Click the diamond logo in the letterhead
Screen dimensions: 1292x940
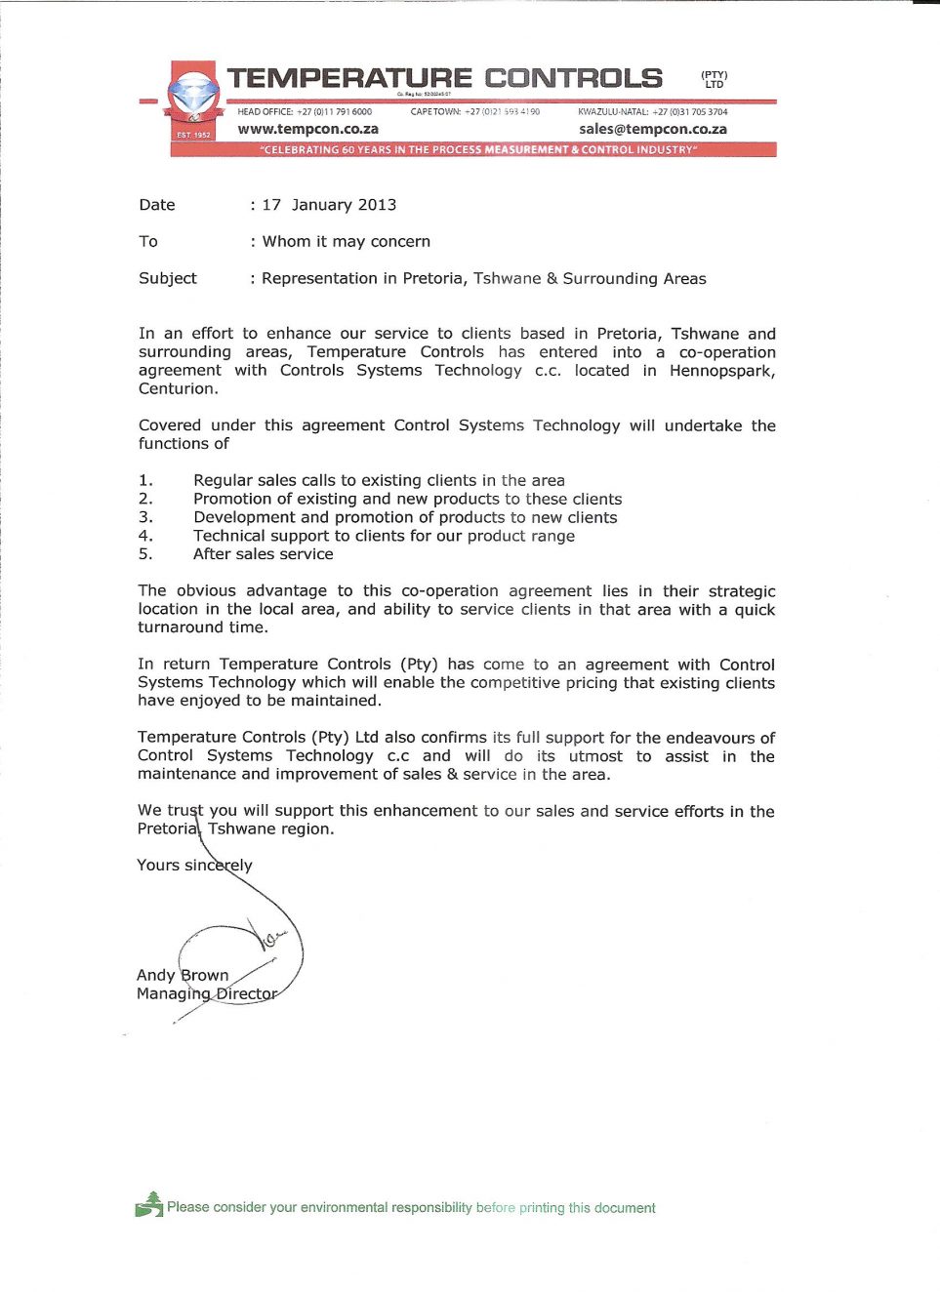[x=193, y=97]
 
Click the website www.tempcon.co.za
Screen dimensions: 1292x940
[x=307, y=129]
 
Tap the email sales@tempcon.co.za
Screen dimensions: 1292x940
[x=652, y=129]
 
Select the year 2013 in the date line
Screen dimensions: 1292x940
[x=377, y=205]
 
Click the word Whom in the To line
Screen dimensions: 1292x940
[x=286, y=241]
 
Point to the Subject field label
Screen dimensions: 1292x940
[x=167, y=278]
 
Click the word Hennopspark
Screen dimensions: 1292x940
[x=721, y=371]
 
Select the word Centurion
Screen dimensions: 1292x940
[x=178, y=388]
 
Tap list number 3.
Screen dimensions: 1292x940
[x=145, y=517]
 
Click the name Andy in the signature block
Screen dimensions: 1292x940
[x=155, y=975]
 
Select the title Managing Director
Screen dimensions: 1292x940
[x=207, y=993]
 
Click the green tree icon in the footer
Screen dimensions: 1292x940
[x=149, y=1205]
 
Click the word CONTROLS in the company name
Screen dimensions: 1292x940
[x=573, y=78]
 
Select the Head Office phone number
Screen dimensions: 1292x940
[x=334, y=112]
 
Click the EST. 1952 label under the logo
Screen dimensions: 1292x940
[x=193, y=135]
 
